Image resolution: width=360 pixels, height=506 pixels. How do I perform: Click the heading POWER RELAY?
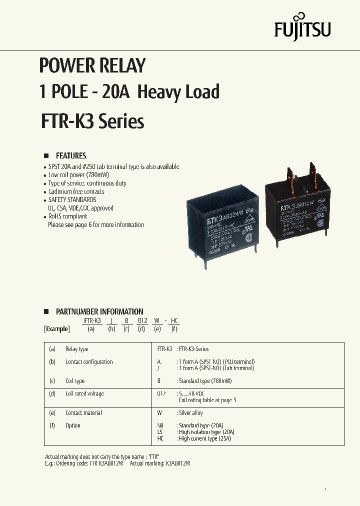point(92,65)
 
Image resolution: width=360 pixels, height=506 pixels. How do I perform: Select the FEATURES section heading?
point(70,155)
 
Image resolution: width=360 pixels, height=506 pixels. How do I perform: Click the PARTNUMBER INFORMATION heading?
point(99,311)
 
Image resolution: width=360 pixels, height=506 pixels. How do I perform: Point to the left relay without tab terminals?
point(222,225)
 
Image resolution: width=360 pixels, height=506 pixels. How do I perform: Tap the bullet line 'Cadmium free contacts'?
point(76,191)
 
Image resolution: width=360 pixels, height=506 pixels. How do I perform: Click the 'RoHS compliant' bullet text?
point(67,216)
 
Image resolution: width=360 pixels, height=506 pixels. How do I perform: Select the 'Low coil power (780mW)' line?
point(78,175)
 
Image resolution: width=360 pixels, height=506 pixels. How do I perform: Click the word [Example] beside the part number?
point(57,329)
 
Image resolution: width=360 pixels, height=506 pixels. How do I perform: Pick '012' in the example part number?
point(142,320)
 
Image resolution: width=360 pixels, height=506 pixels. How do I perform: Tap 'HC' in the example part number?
point(174,320)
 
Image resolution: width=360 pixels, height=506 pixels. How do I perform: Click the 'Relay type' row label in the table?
point(76,349)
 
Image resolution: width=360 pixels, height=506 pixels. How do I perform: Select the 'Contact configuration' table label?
point(89,362)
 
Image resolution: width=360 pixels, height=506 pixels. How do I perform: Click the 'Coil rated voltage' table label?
point(84,394)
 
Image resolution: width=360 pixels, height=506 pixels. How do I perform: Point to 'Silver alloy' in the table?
point(190,413)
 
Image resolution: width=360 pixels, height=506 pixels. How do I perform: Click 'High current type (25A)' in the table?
point(204,438)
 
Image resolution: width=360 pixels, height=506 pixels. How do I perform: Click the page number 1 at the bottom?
point(325,489)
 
